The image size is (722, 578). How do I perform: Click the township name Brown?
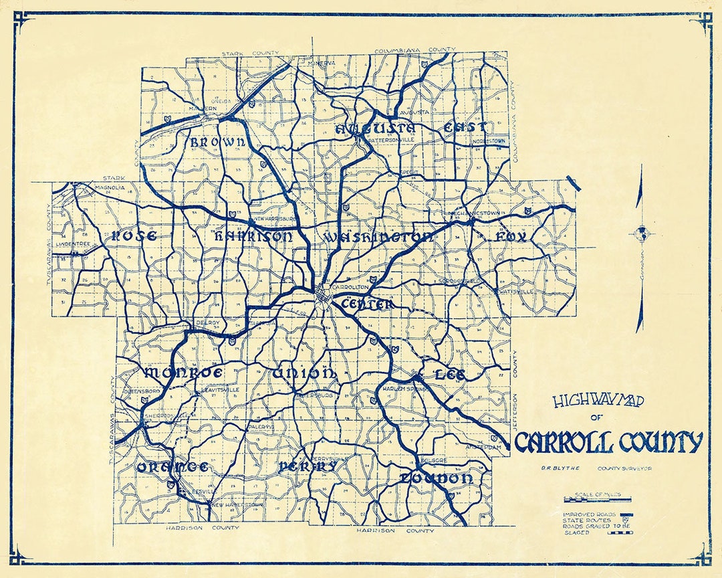[218, 142]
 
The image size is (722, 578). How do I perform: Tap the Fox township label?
[511, 237]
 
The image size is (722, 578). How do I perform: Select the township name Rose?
[134, 235]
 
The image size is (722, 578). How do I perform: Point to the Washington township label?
[378, 237]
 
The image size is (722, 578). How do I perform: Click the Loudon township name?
[437, 478]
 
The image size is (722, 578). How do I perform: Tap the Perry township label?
[308, 466]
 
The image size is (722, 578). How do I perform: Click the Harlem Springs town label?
[404, 389]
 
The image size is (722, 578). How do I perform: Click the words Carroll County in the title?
[608, 442]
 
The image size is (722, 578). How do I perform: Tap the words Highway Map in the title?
[598, 401]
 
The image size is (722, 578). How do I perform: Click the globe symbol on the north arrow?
[640, 233]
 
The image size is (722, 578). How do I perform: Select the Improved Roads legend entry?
[588, 513]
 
